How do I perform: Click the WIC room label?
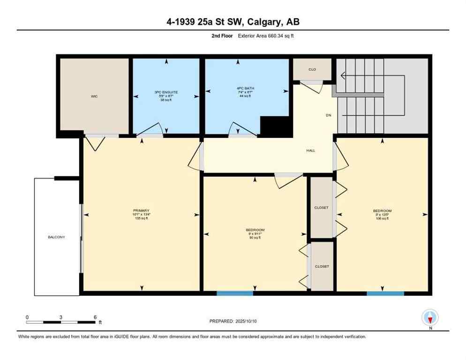tap(94, 96)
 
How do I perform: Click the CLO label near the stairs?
tap(312, 69)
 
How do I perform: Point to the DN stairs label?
tap(329, 115)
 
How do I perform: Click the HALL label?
tap(311, 150)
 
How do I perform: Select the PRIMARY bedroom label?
tap(141, 210)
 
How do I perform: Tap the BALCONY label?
tap(56, 237)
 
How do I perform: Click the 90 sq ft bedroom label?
tap(255, 230)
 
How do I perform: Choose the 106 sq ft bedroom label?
tap(382, 211)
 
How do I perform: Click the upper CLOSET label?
tap(322, 207)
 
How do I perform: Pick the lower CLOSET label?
tap(322, 266)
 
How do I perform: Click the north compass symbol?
tap(430, 318)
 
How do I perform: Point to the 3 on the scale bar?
tap(61, 317)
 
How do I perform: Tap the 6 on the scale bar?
tap(95, 317)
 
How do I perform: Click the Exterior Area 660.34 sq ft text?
tap(267, 35)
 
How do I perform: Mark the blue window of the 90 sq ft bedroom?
tap(235, 293)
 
